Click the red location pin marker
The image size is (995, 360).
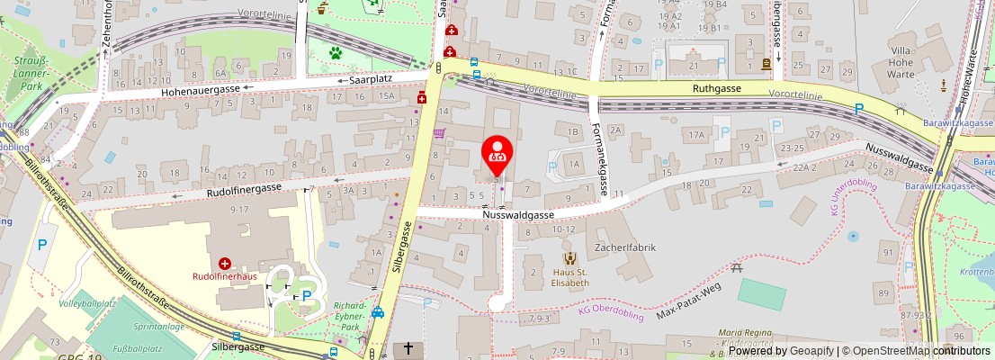[x=497, y=152]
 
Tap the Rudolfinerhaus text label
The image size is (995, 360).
[x=224, y=276]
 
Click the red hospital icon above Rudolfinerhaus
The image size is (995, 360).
[x=224, y=264]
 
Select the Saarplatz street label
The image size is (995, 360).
[x=373, y=79]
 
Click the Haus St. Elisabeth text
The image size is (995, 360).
[x=570, y=277]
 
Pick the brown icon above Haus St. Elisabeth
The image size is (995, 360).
[x=570, y=259]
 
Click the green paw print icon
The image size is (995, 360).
[x=336, y=53]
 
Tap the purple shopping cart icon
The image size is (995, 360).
[x=439, y=133]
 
